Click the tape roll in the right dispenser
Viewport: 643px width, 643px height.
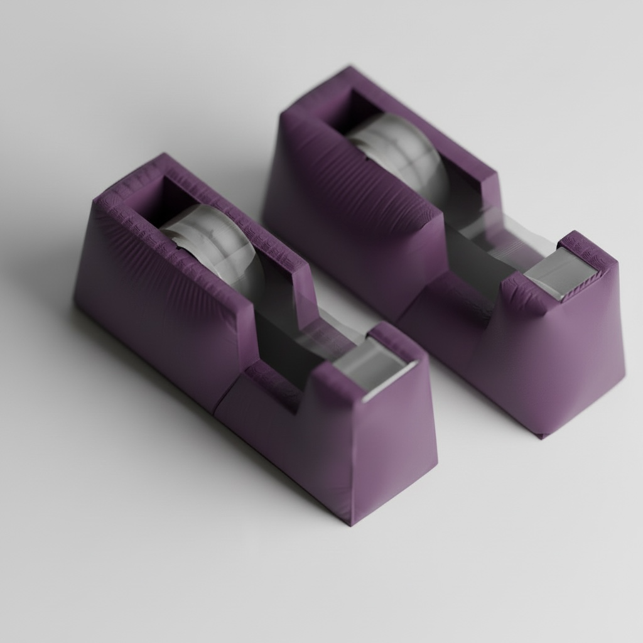coord(402,151)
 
